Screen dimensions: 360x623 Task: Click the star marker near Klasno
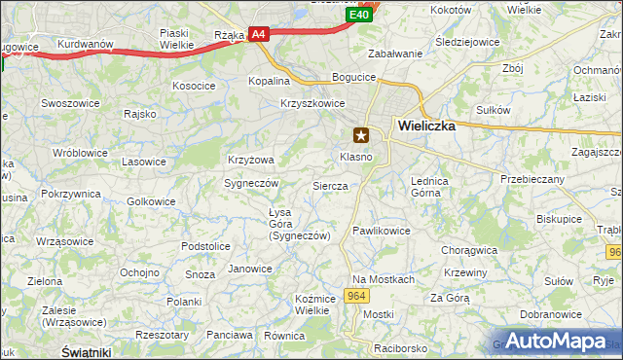point(362,135)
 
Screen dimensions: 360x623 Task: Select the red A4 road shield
point(257,34)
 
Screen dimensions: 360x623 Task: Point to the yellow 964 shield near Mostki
point(356,297)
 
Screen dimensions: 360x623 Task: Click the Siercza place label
point(330,185)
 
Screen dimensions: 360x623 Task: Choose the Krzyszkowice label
point(312,103)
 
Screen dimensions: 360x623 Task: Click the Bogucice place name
point(353,77)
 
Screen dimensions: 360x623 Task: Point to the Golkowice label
point(151,201)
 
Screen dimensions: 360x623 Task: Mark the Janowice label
point(249,269)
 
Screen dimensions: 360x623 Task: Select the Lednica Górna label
point(428,187)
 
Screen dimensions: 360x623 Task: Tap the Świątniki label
point(85,350)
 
